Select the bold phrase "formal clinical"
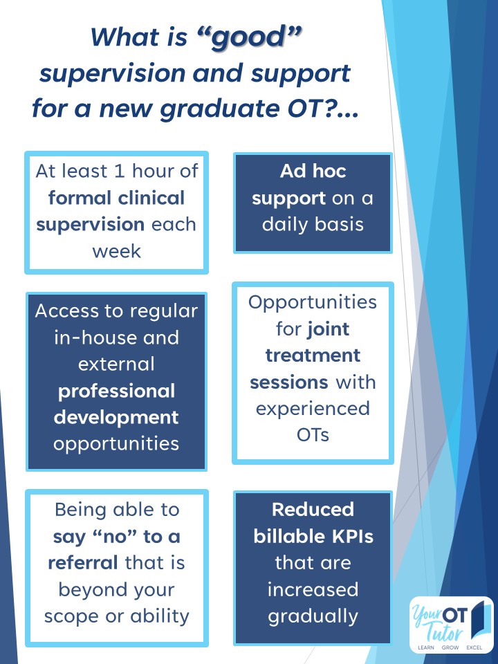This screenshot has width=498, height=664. coord(116,198)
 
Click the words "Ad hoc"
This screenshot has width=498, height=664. coord(313,172)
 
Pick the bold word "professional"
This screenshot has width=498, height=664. coord(116,391)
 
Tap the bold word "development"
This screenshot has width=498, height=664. coord(116,417)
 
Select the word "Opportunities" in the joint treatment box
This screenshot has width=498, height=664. coord(313,302)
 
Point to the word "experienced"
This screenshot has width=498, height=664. coord(313,408)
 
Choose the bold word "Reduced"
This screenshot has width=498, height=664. coord(313,510)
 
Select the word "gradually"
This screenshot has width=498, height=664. coord(313,616)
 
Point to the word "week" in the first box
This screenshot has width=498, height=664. coord(116,251)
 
